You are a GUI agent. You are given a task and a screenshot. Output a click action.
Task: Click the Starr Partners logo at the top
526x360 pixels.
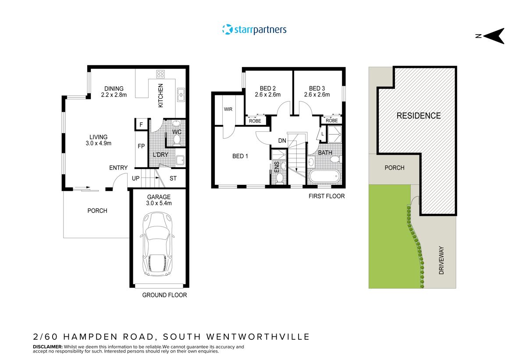[254, 30]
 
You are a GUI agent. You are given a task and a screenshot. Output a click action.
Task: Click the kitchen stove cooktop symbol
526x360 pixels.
[160, 74]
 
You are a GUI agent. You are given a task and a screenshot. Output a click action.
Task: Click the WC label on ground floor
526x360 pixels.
[177, 131]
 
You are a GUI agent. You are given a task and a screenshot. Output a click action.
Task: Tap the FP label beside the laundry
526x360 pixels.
[141, 146]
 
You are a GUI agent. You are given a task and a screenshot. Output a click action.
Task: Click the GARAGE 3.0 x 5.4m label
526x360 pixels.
[159, 200]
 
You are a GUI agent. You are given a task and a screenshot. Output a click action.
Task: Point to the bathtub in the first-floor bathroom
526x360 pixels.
[324, 177]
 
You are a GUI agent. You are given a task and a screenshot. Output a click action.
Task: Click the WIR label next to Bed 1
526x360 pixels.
[228, 109]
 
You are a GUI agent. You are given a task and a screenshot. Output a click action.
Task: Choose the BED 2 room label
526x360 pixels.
[268, 91]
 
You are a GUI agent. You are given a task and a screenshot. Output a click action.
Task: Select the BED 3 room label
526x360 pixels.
[317, 91]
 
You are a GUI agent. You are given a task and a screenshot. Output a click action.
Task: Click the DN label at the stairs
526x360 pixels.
[282, 141]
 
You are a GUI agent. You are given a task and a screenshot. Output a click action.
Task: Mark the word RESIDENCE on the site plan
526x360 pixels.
[419, 116]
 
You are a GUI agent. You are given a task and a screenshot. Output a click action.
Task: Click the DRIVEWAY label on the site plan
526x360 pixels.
[441, 261]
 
